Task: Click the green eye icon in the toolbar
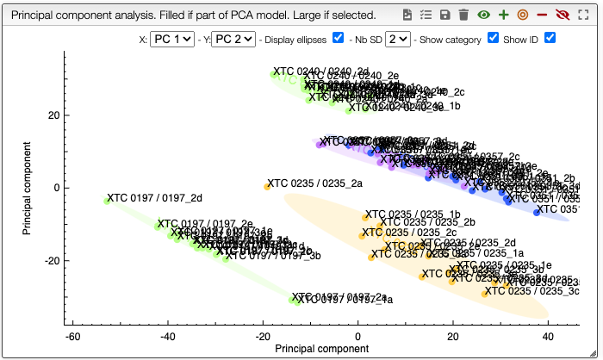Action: [484, 15]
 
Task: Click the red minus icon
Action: [542, 15]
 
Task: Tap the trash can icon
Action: [464, 15]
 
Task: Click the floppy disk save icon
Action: [445, 15]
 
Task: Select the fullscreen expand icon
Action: [583, 15]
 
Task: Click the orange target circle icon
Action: [522, 15]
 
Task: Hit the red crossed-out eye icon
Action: [563, 15]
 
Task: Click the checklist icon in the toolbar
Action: [426, 15]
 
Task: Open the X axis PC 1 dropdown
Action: [171, 39]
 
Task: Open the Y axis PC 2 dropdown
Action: [233, 39]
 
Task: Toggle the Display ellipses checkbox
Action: [338, 38]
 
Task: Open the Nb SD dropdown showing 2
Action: [398, 39]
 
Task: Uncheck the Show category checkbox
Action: [493, 38]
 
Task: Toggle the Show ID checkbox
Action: [550, 38]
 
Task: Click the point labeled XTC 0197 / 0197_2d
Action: [107, 201]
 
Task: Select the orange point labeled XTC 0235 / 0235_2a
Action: [267, 186]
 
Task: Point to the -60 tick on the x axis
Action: [73, 338]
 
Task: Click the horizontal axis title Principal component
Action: [321, 350]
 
